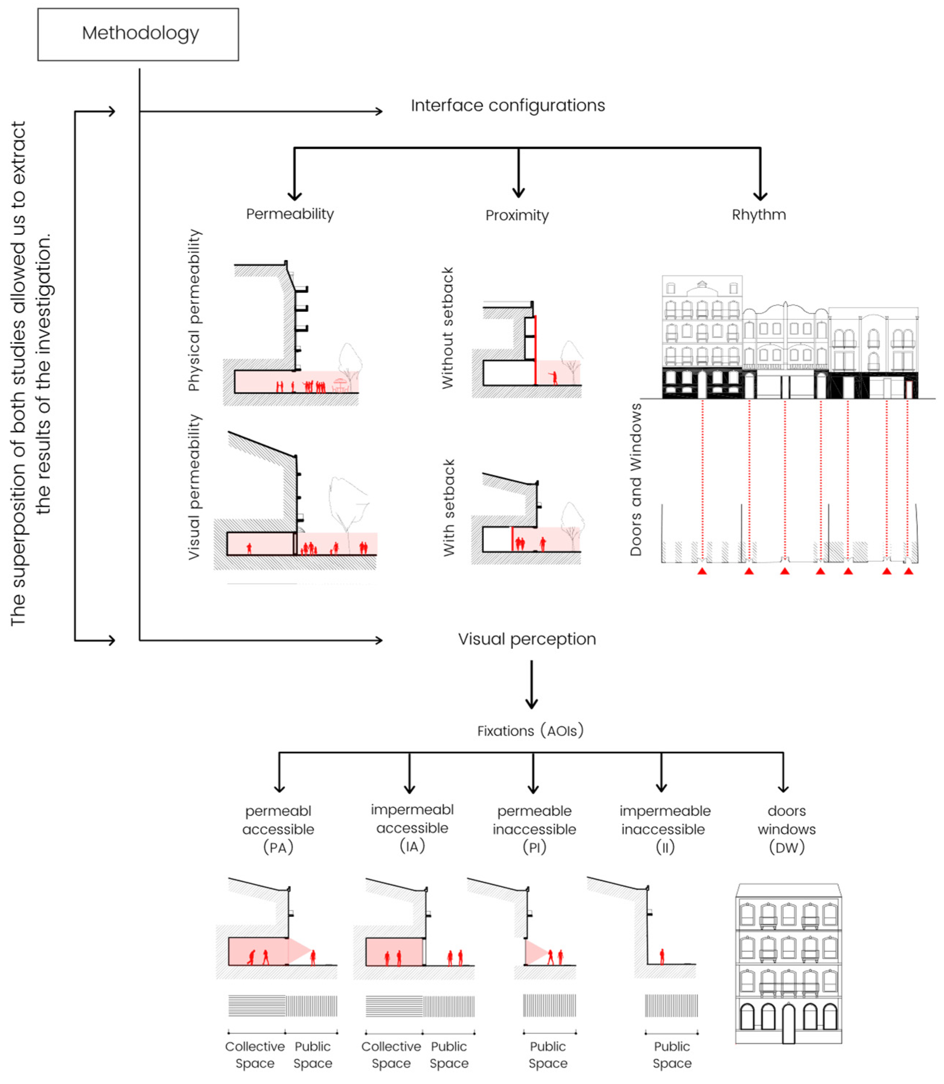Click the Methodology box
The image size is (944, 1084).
point(138,34)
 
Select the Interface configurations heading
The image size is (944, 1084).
point(508,105)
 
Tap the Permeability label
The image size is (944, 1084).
point(290,214)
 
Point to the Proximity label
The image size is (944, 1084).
point(517,215)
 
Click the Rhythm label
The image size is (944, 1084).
point(759,214)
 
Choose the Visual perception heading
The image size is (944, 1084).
point(527,639)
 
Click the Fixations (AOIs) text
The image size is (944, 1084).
point(530,731)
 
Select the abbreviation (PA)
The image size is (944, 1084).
point(278,848)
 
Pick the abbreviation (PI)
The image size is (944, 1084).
point(534,848)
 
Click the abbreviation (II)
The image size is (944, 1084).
point(665,848)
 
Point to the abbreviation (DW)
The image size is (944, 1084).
point(787,848)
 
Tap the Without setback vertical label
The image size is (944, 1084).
point(447,328)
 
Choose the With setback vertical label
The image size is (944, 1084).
point(448,507)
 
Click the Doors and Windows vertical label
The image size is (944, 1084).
point(636,479)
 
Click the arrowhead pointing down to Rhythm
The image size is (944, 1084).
point(760,195)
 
